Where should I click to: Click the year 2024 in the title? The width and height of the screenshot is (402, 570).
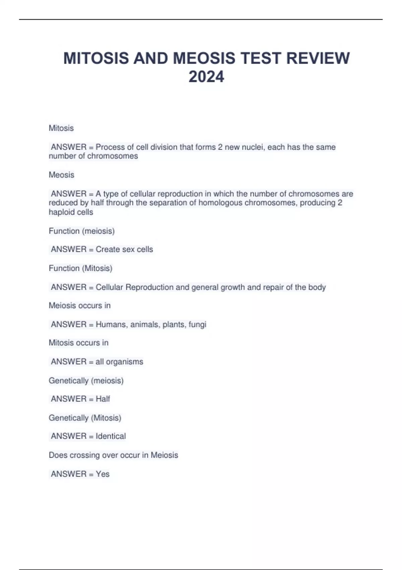(x=206, y=77)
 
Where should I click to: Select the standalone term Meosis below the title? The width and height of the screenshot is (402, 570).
(x=62, y=175)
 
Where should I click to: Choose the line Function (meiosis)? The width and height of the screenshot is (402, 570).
(x=82, y=231)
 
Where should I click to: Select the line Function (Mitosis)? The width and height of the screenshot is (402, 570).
(x=80, y=268)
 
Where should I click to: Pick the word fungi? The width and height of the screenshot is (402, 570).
(x=197, y=324)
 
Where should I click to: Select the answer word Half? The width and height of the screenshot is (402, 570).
(x=103, y=399)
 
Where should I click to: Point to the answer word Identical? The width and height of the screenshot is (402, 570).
(x=111, y=436)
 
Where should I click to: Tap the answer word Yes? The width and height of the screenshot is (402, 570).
(x=103, y=474)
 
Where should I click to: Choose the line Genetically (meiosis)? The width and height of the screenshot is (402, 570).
(x=86, y=381)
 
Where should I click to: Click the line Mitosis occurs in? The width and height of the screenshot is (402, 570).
(x=79, y=343)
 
